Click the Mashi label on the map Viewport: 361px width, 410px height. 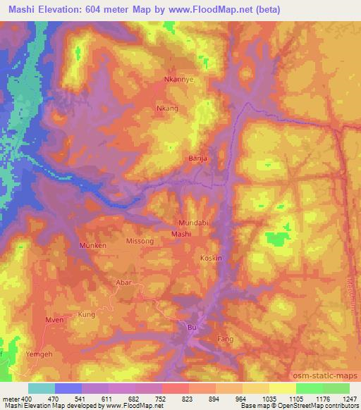181,233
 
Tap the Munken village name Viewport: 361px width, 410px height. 88,245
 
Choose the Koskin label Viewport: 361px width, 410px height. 212,259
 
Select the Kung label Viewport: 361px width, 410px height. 86,313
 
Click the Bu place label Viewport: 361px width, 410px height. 191,327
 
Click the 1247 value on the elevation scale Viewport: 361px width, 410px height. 350,399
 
